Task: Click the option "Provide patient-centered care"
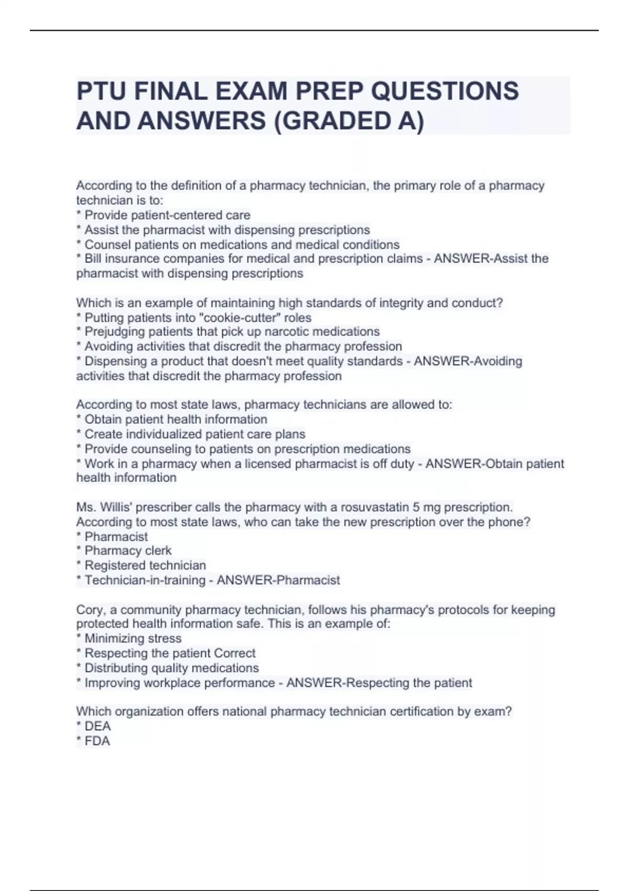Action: (x=167, y=215)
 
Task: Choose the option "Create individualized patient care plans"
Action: (x=194, y=434)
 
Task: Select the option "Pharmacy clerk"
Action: (x=128, y=551)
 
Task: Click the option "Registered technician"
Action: (x=145, y=566)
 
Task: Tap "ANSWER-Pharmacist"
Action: (x=278, y=580)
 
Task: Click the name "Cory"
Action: (x=90, y=610)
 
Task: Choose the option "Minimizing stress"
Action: (x=133, y=638)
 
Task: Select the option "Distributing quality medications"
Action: (x=171, y=668)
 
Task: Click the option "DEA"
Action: (x=97, y=726)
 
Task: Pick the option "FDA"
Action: (x=97, y=741)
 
